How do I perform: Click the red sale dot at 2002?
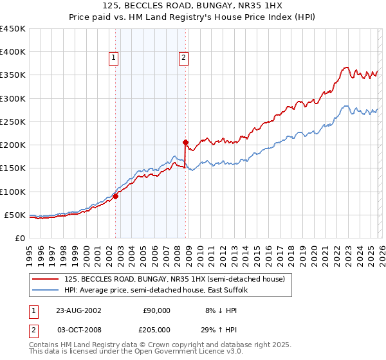point(116,197)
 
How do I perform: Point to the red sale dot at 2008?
point(185,143)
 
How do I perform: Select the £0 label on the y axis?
point(20,238)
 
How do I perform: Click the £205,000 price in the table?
point(154,328)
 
